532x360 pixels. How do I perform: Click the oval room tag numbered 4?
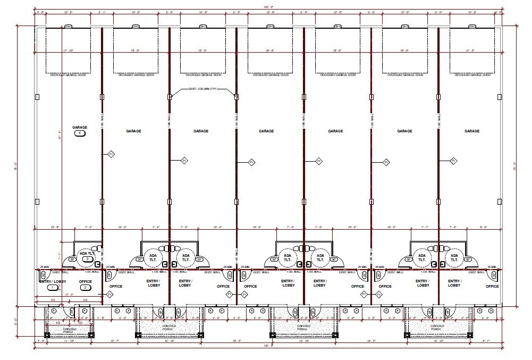pyautogui.click(x=80, y=133)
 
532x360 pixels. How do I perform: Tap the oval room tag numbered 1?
pyautogui.click(x=52, y=288)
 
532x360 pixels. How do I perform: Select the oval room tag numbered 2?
pyautogui.click(x=85, y=288)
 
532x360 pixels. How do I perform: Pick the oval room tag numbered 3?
pyautogui.click(x=87, y=258)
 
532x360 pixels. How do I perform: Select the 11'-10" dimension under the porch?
pyautogui.click(x=68, y=340)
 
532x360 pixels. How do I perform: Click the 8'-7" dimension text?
pyautogui.click(x=485, y=340)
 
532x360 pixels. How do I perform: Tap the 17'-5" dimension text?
pyautogui.click(x=68, y=294)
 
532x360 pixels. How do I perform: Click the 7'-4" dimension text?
pyautogui.click(x=453, y=227)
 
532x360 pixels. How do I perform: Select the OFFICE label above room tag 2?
pyautogui.click(x=85, y=281)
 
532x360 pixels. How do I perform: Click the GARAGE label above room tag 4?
pyautogui.click(x=80, y=128)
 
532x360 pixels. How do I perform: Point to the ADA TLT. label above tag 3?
pyautogui.click(x=87, y=253)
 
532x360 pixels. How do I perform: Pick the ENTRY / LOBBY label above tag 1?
pyautogui.click(x=52, y=281)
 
